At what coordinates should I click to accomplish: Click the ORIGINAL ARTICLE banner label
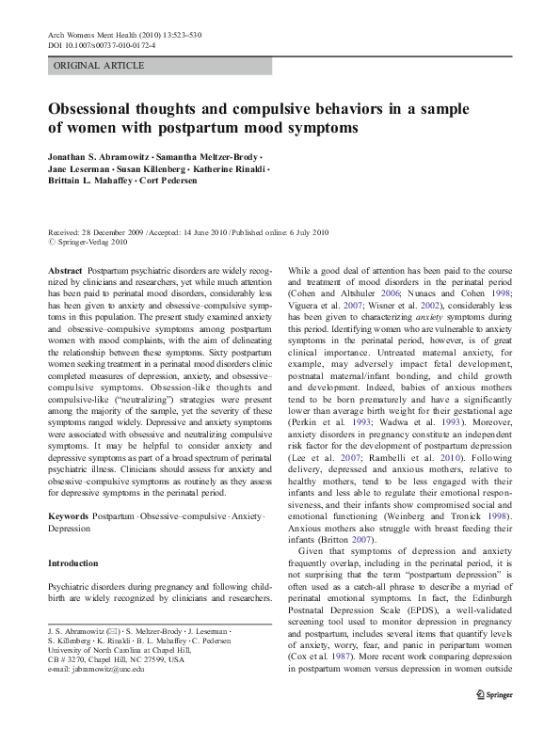pyautogui.click(x=99, y=65)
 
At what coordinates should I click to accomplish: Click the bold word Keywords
pyautogui.click(x=68, y=516)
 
